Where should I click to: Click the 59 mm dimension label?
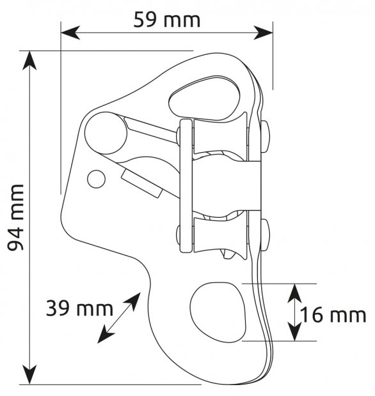[167, 20]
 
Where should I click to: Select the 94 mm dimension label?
[15, 218]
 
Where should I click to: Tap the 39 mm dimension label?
[79, 308]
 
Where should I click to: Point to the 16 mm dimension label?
[333, 315]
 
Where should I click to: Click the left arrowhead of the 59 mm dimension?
[70, 33]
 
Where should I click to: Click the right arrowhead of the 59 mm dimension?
[263, 33]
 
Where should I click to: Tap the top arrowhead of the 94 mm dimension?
[29, 61]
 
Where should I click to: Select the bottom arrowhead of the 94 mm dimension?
[29, 375]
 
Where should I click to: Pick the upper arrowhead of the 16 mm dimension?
[295, 293]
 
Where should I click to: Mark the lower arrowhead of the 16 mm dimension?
[295, 331]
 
